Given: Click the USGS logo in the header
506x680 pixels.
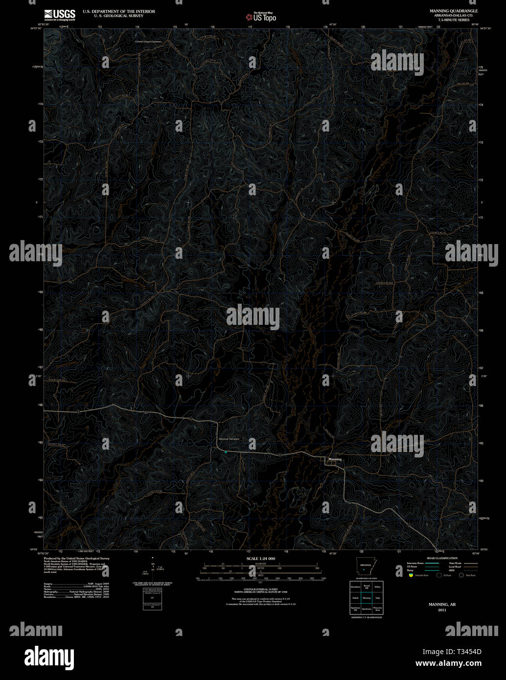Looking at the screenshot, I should tap(60, 15).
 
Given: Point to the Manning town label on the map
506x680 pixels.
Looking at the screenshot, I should tap(335, 459).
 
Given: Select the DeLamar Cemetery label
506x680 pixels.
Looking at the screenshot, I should tap(229, 439).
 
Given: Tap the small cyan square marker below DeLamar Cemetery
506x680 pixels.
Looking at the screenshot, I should tap(226, 452).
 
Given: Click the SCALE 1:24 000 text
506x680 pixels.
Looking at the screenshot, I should tap(261, 558).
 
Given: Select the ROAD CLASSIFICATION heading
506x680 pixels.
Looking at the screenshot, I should tap(442, 558).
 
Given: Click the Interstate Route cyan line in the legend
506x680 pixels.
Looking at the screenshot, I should tap(431, 563).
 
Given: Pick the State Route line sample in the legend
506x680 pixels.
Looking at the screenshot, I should tap(470, 563).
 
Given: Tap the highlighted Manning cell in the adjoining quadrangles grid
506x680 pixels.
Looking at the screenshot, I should tap(367, 598).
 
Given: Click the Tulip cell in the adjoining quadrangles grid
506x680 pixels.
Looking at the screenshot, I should tap(377, 598).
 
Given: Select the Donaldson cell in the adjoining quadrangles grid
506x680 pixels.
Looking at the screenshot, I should tap(355, 587).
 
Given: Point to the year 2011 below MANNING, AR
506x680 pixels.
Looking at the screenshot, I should tap(442, 610).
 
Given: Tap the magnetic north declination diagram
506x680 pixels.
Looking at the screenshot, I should tap(153, 567).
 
